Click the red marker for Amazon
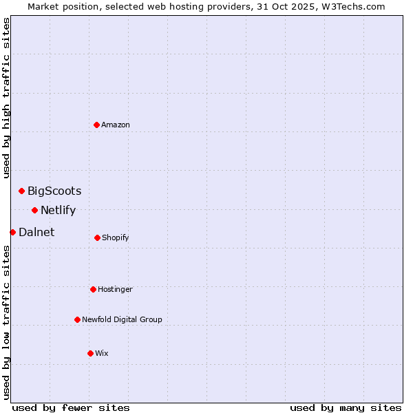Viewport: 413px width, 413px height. tap(97, 125)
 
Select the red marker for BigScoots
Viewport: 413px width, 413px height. tap(21, 191)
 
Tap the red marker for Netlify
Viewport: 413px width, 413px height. tap(34, 210)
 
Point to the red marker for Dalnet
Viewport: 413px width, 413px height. tap(12, 232)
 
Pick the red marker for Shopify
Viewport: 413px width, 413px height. tap(97, 237)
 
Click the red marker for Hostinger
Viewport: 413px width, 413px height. tap(93, 289)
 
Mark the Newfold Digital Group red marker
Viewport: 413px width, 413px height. tap(77, 319)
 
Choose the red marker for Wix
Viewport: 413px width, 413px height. tap(90, 353)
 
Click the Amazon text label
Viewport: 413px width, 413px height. tap(116, 125)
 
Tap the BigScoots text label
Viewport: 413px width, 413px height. tap(54, 191)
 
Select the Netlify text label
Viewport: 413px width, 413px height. tap(58, 210)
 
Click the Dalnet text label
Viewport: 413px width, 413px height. tap(36, 232)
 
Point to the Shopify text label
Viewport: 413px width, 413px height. tap(116, 237)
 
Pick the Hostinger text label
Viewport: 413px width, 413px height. tap(115, 289)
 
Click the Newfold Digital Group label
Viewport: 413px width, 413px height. tap(122, 319)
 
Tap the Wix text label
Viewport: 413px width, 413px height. tap(102, 353)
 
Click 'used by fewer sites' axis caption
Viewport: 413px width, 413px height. tap(71, 407)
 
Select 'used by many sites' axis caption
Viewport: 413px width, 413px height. tap(346, 407)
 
